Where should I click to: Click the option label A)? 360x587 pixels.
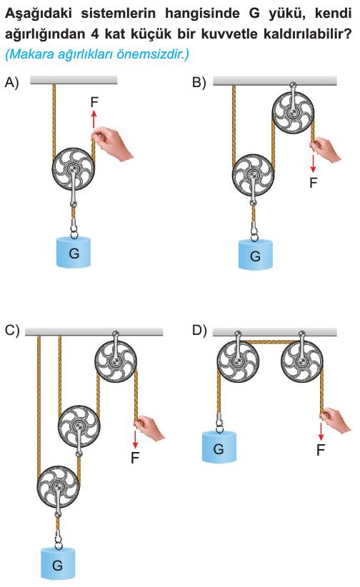tap(11, 81)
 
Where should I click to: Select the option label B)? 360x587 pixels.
tap(199, 81)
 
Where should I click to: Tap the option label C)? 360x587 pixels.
tap(12, 330)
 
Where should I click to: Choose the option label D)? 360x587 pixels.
tap(199, 330)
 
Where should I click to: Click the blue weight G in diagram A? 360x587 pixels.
tap(74, 252)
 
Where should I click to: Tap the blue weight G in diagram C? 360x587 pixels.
tap(58, 563)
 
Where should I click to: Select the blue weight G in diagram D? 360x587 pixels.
tap(219, 447)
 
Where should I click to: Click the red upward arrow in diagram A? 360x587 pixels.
tap(94, 119)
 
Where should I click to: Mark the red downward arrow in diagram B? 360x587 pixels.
tap(313, 164)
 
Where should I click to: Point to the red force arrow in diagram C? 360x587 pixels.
tap(135, 439)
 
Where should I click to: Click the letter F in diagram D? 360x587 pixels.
tap(321, 450)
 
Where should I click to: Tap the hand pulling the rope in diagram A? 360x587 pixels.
tap(112, 144)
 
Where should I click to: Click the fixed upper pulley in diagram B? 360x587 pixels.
tap(293, 112)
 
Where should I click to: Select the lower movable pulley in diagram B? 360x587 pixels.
tap(254, 174)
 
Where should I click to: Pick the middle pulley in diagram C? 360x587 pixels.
tap(79, 426)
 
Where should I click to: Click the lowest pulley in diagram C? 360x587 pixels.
tap(58, 487)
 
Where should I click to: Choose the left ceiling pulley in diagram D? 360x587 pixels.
tap(238, 361)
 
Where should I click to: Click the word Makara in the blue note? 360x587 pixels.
tap(31, 54)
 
